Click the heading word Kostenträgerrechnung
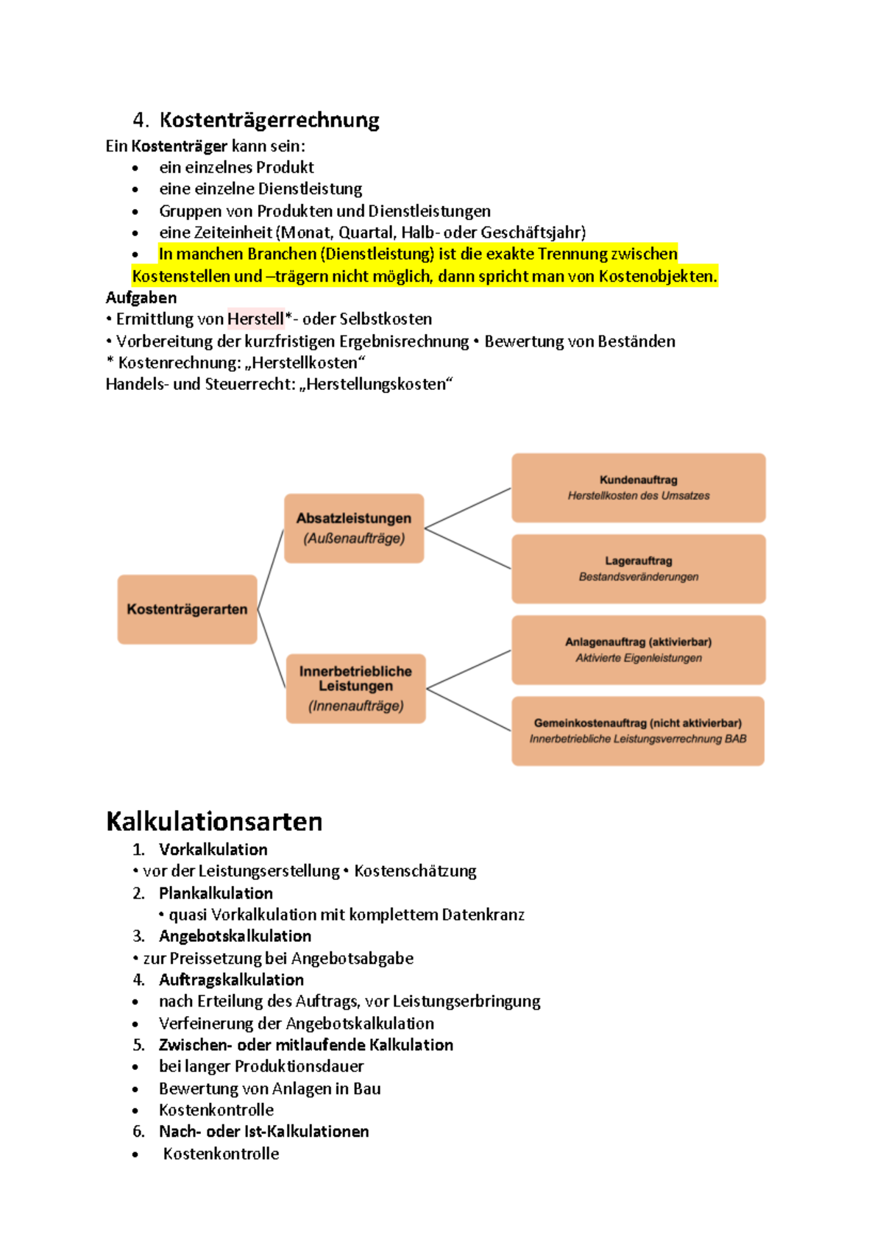click(x=269, y=120)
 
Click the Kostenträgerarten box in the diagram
click(x=187, y=609)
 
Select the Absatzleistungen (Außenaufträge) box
click(x=354, y=528)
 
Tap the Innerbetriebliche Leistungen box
click(x=355, y=688)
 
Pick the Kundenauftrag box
click(x=638, y=488)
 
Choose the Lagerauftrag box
click(x=638, y=569)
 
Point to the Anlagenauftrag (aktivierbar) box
click(x=638, y=650)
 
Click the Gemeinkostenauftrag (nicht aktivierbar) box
click(x=638, y=731)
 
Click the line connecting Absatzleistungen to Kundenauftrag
click(x=468, y=508)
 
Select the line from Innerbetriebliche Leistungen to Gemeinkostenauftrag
click(x=468, y=709)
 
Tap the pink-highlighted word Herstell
click(x=255, y=319)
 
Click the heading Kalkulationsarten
click(x=214, y=821)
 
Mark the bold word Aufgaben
click(x=141, y=297)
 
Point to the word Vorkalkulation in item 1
click(x=213, y=849)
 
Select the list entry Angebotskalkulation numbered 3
click(x=235, y=936)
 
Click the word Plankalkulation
click(x=216, y=893)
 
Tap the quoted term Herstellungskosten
click(x=376, y=384)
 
